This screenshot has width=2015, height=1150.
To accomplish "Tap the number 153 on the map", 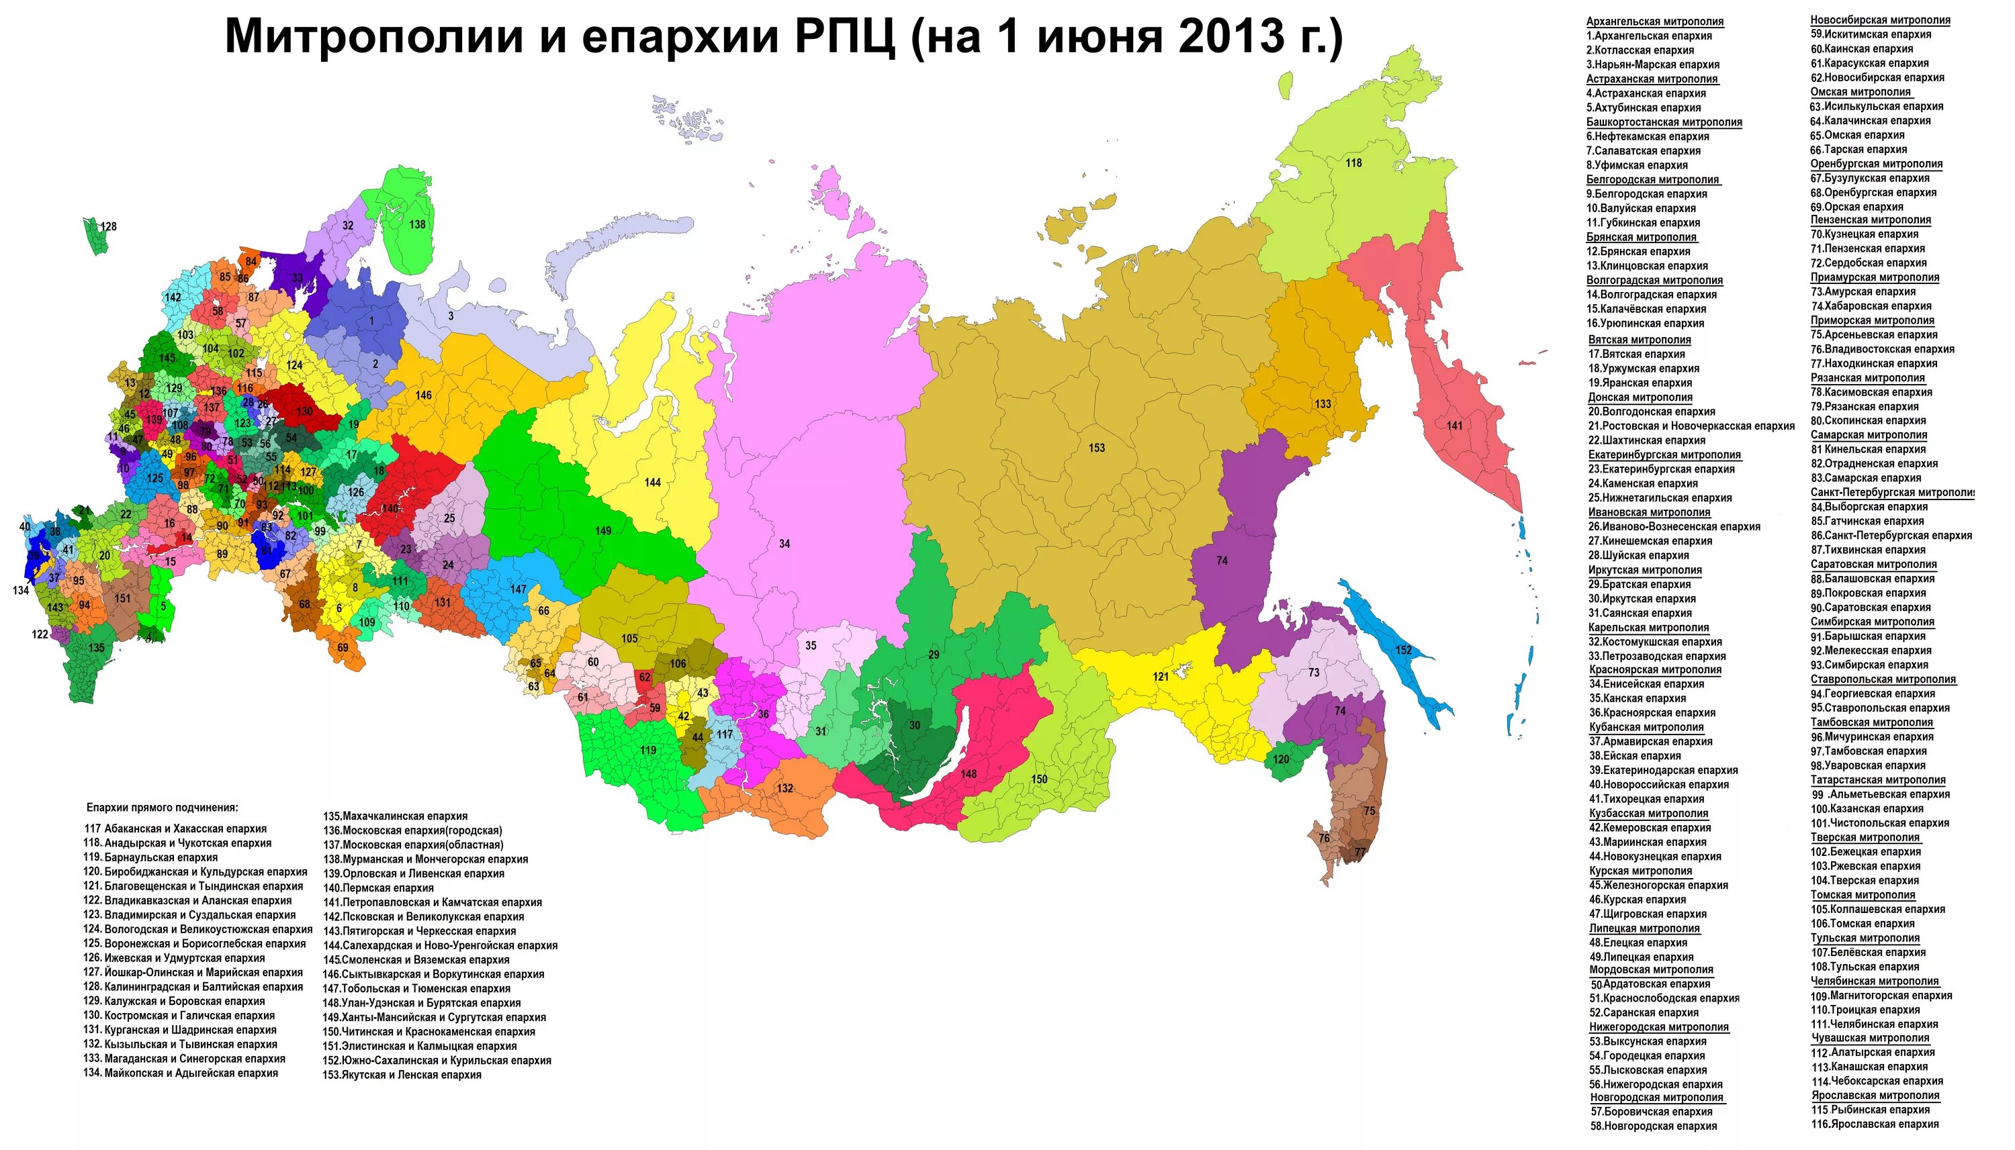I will point(1097,448).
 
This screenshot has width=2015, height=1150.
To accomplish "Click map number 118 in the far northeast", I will point(1353,162).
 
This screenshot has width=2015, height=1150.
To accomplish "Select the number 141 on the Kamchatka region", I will point(1454,426).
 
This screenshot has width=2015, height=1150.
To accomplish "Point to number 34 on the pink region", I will point(784,543).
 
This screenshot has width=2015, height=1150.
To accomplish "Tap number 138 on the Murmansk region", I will point(417,224).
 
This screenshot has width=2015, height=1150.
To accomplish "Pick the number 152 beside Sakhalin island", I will point(1403,650).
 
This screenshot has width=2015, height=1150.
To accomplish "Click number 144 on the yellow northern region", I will point(652,483).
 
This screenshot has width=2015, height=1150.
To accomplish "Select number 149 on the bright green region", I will point(603,531).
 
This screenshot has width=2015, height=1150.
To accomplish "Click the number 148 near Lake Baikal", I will point(969,774).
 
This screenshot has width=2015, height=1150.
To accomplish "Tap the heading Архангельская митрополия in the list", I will point(1655,21).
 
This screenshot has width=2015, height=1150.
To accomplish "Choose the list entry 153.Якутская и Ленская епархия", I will point(402,1075).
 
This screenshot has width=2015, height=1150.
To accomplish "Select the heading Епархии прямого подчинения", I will point(162,808).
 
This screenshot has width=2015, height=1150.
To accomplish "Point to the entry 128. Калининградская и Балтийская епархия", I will point(193,986).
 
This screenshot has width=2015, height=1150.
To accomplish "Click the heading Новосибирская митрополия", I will point(1880,19).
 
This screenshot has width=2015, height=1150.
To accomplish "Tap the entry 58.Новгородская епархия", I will point(1653,1127).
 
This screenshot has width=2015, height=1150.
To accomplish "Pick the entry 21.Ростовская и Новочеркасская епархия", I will point(1691,426).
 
